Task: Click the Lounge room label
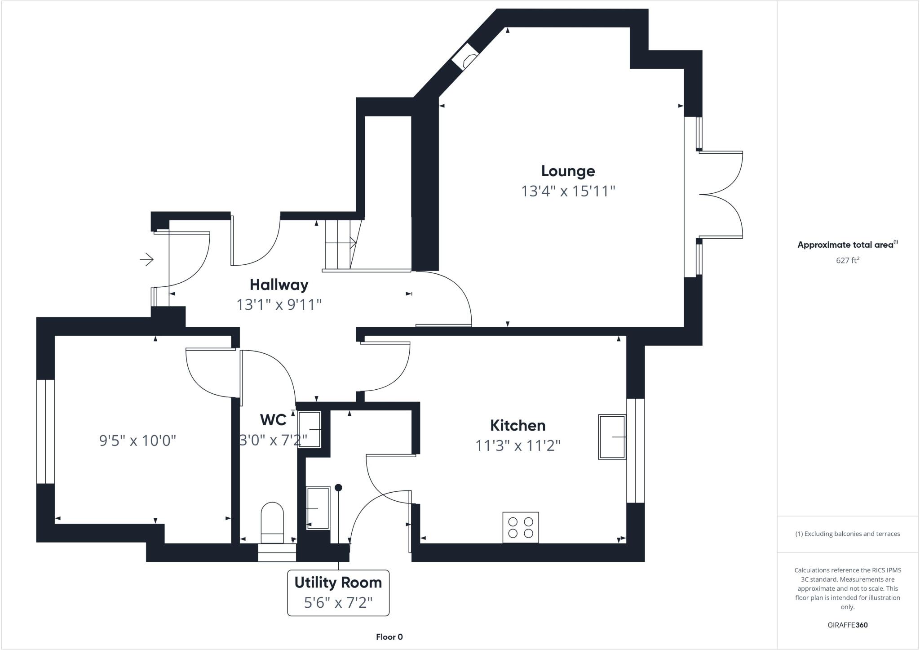(568, 171)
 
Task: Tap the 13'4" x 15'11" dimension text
(568, 191)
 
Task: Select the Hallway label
(279, 285)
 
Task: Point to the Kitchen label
(517, 425)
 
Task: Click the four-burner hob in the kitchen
(521, 527)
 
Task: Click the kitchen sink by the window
(612, 437)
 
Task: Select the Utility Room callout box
(338, 593)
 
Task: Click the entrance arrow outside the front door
(147, 259)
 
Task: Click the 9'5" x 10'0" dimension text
(137, 441)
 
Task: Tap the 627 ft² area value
(847, 260)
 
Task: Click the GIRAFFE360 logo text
(847, 625)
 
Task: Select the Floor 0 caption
(389, 637)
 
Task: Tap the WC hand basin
(310, 430)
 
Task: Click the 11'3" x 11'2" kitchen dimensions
(517, 446)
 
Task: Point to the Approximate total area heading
(846, 245)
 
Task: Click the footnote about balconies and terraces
(847, 534)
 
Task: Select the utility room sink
(318, 508)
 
